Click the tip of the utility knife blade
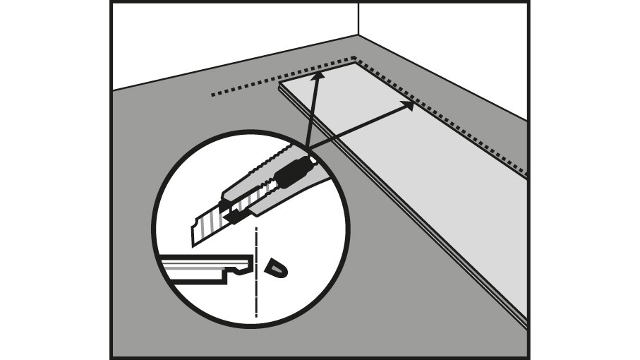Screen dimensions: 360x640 [x=194, y=244]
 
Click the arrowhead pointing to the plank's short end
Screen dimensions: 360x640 [x=318, y=74]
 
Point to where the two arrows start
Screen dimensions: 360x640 [x=306, y=149]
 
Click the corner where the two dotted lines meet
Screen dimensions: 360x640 [x=354, y=59]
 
